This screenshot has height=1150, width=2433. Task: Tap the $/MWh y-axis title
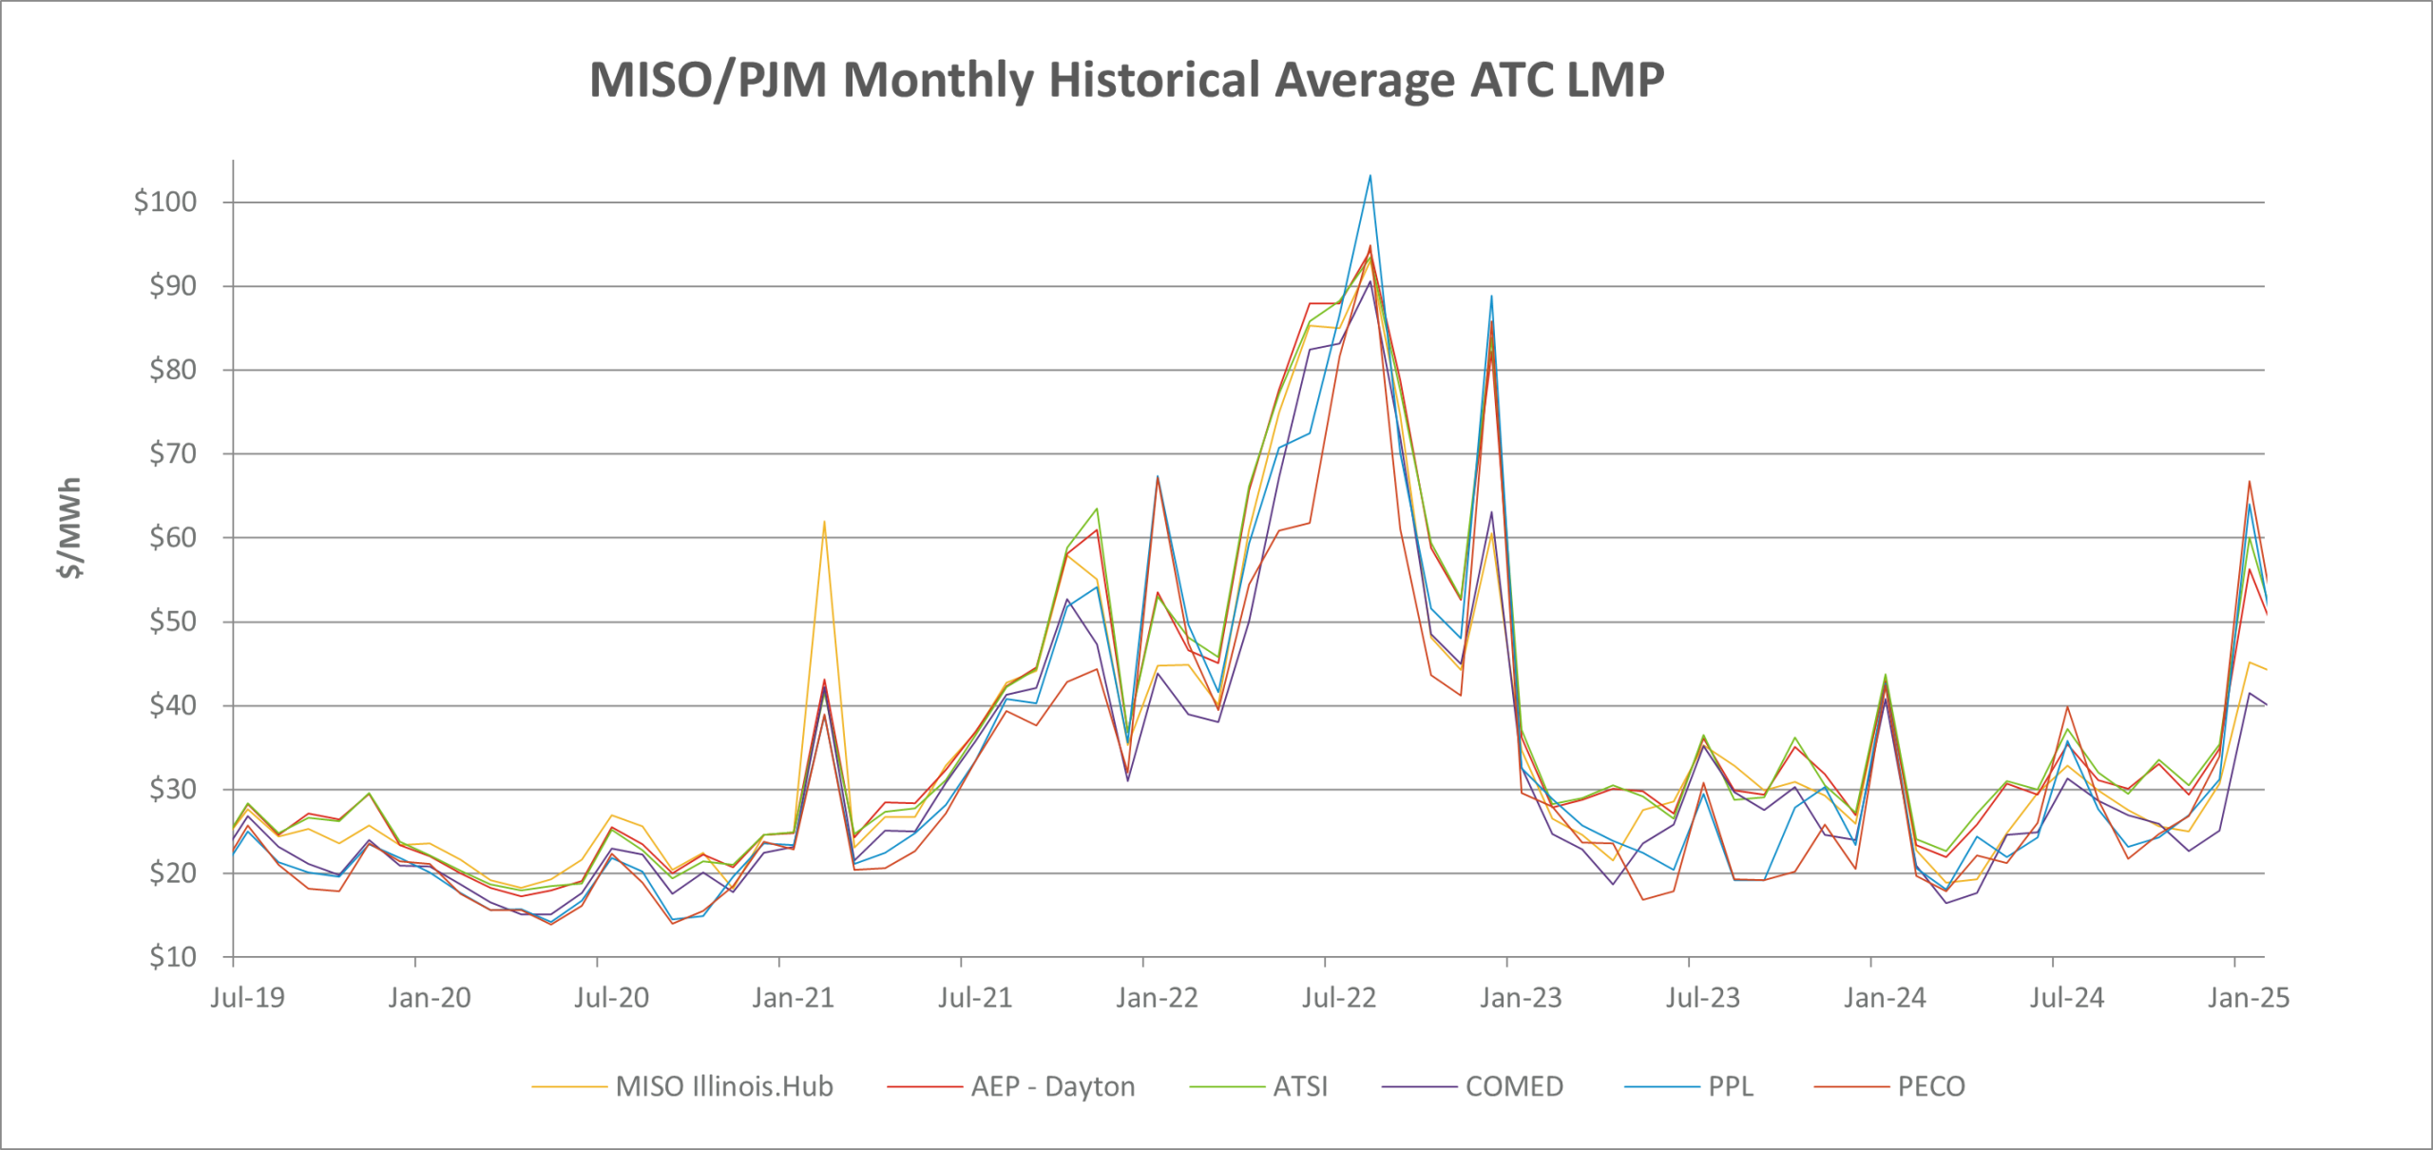click(69, 528)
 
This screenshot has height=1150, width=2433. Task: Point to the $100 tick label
click(165, 201)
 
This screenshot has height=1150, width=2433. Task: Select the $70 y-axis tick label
click(172, 453)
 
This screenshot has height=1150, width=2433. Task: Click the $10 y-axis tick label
click(172, 956)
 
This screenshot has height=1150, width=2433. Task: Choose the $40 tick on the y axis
click(172, 705)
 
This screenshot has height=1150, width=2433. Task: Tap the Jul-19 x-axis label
click(247, 998)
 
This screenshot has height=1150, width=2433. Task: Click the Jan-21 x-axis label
click(793, 998)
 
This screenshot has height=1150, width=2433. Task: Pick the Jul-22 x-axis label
click(1338, 998)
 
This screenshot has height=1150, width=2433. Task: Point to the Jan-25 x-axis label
click(2248, 998)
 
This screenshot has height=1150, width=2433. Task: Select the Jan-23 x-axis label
click(1521, 998)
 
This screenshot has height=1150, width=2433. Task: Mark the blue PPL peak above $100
click(1370, 176)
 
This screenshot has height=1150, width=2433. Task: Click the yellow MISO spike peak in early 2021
click(824, 522)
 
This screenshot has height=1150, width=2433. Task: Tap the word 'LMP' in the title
click(1615, 80)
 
